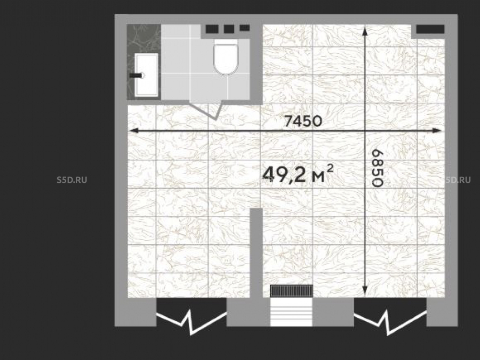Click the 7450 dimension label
click(303, 121)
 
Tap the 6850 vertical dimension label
click(377, 168)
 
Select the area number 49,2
click(284, 175)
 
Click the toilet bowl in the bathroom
click(226, 57)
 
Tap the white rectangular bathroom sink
click(146, 75)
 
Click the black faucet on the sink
click(136, 75)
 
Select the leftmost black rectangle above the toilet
click(212, 29)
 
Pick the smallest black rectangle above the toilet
click(245, 28)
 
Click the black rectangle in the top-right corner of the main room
click(430, 29)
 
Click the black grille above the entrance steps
click(291, 291)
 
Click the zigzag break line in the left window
click(192, 322)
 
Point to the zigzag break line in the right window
click(390, 322)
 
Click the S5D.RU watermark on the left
click(72, 180)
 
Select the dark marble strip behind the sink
click(144, 62)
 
